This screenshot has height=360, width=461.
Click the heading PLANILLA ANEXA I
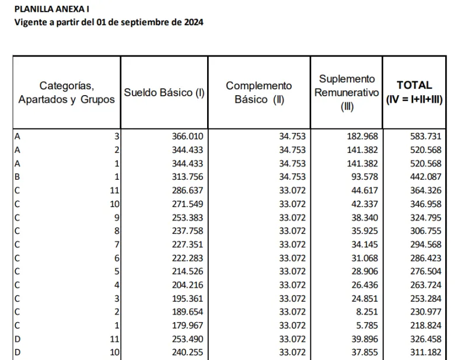[x=52, y=9]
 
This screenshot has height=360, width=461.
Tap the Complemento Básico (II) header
[x=259, y=92]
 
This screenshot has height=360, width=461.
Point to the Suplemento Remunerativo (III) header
[x=347, y=92]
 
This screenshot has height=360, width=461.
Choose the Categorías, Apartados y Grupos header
[x=67, y=92]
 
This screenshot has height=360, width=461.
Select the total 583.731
[x=426, y=136]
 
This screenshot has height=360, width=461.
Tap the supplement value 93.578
[x=362, y=177]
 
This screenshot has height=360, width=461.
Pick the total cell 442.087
[x=426, y=177]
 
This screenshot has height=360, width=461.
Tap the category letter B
[x=17, y=177]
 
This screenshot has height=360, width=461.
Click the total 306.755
[x=426, y=231]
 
